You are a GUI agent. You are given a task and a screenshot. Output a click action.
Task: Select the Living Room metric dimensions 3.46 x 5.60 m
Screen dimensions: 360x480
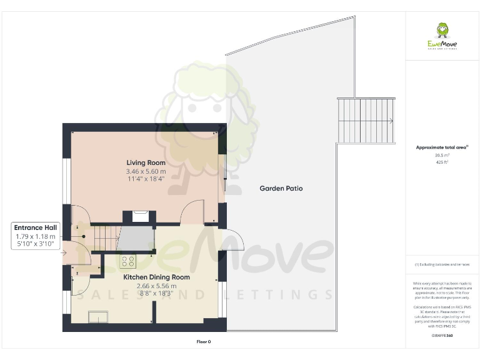pyautogui.click(x=146, y=171)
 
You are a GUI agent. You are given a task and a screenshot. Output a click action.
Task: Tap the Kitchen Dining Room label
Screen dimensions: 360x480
pyautogui.click(x=156, y=277)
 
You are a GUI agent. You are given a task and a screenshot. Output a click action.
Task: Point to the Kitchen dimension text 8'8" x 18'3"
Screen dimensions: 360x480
pyautogui.click(x=156, y=294)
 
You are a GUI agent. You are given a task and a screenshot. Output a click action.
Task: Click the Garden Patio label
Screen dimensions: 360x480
pyautogui.click(x=281, y=188)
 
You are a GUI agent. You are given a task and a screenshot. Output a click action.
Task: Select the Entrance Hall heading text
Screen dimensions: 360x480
pyautogui.click(x=36, y=228)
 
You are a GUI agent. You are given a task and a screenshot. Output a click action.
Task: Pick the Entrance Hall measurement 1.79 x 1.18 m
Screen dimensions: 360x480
pyautogui.click(x=36, y=237)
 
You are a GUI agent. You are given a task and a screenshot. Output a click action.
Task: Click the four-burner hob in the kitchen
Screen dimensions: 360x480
pyautogui.click(x=128, y=262)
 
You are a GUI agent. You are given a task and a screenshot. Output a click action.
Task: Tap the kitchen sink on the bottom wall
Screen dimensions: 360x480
pyautogui.click(x=98, y=319)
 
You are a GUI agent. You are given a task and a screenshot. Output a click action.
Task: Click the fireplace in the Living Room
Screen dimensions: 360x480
pyautogui.click(x=141, y=217)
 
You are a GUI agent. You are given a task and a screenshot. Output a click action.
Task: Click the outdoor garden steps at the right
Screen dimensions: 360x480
pyautogui.click(x=366, y=121)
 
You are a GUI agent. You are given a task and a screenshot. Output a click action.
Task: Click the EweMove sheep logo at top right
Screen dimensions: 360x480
pyautogui.click(x=442, y=31)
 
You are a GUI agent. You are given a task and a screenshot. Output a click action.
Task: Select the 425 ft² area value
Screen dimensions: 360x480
pyautogui.click(x=442, y=162)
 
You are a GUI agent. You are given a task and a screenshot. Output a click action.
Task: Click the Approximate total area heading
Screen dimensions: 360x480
pyautogui.click(x=441, y=147)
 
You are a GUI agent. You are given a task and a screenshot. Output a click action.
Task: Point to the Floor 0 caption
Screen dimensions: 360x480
pyautogui.click(x=204, y=342)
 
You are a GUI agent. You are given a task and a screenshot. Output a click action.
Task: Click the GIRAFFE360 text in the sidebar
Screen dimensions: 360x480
pyautogui.click(x=442, y=336)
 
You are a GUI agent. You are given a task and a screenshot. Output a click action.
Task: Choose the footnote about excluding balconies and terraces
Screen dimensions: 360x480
pyautogui.click(x=442, y=265)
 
